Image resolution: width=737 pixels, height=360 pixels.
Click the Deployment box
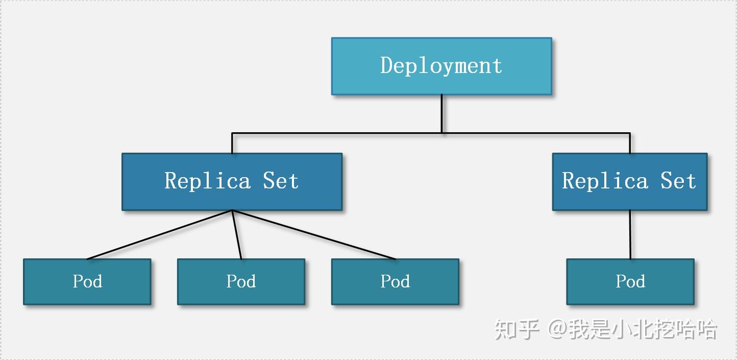click(x=441, y=66)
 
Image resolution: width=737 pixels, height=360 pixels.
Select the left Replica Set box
click(x=232, y=181)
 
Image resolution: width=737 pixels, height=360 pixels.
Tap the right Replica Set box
click(x=629, y=181)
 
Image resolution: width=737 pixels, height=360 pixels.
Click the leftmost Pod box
click(x=87, y=281)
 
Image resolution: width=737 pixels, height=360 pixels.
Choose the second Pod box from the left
click(x=241, y=281)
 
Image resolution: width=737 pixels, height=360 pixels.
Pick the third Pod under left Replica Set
click(x=395, y=281)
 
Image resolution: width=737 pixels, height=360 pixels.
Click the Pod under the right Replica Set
click(x=630, y=281)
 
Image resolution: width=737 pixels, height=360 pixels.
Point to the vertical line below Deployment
click(x=441, y=113)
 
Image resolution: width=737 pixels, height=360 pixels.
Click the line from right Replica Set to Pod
click(x=630, y=234)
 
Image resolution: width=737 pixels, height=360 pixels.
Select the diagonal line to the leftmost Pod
click(x=160, y=234)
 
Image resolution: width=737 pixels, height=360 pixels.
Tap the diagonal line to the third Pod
click(x=314, y=234)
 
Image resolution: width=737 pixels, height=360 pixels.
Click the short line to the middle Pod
click(x=237, y=234)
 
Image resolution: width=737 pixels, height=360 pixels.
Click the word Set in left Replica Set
click(x=280, y=181)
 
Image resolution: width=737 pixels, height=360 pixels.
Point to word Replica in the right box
click(x=605, y=181)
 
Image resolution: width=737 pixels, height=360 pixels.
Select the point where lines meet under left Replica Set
click(x=232, y=210)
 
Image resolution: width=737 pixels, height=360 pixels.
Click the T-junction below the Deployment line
click(x=441, y=133)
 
